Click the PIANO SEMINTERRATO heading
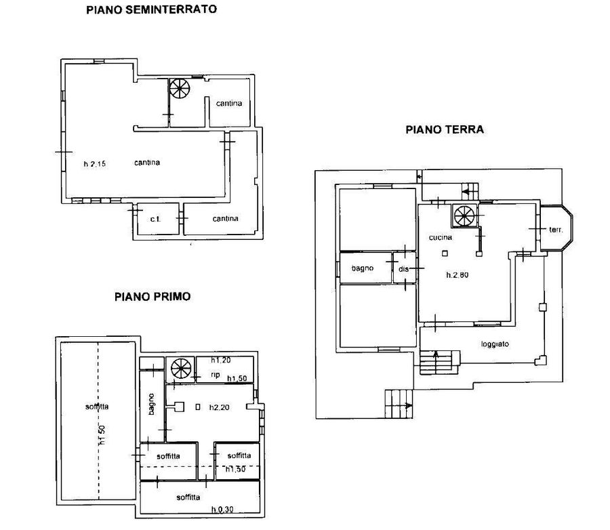(x=151, y=9)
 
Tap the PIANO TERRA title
(x=445, y=129)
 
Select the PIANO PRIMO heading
(x=152, y=297)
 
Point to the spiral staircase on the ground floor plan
(x=464, y=216)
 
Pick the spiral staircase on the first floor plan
(x=181, y=368)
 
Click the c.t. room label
(x=155, y=219)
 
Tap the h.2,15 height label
(x=94, y=164)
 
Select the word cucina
(x=441, y=237)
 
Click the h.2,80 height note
(x=457, y=274)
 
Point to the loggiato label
(x=495, y=344)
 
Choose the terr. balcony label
(x=556, y=230)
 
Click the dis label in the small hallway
(x=403, y=269)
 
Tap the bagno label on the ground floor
(x=362, y=268)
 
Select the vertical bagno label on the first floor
(x=151, y=404)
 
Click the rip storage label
(x=215, y=374)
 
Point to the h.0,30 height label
(x=222, y=509)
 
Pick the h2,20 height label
(x=220, y=407)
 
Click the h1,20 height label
(x=221, y=360)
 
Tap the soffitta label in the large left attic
(x=97, y=407)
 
